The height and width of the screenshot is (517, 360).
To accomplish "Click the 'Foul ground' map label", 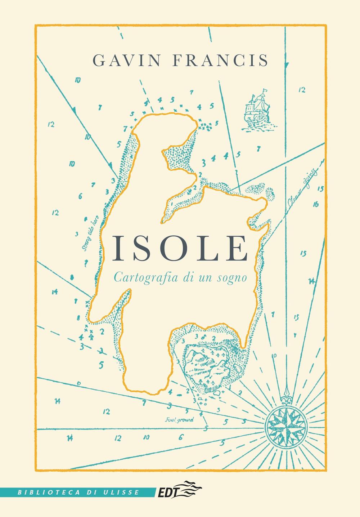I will coord(179,419).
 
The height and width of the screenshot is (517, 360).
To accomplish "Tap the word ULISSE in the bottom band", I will coord(122,492).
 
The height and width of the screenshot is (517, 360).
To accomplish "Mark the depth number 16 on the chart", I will coord(316,205).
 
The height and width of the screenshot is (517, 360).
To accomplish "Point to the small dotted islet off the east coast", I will coord(256,189).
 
